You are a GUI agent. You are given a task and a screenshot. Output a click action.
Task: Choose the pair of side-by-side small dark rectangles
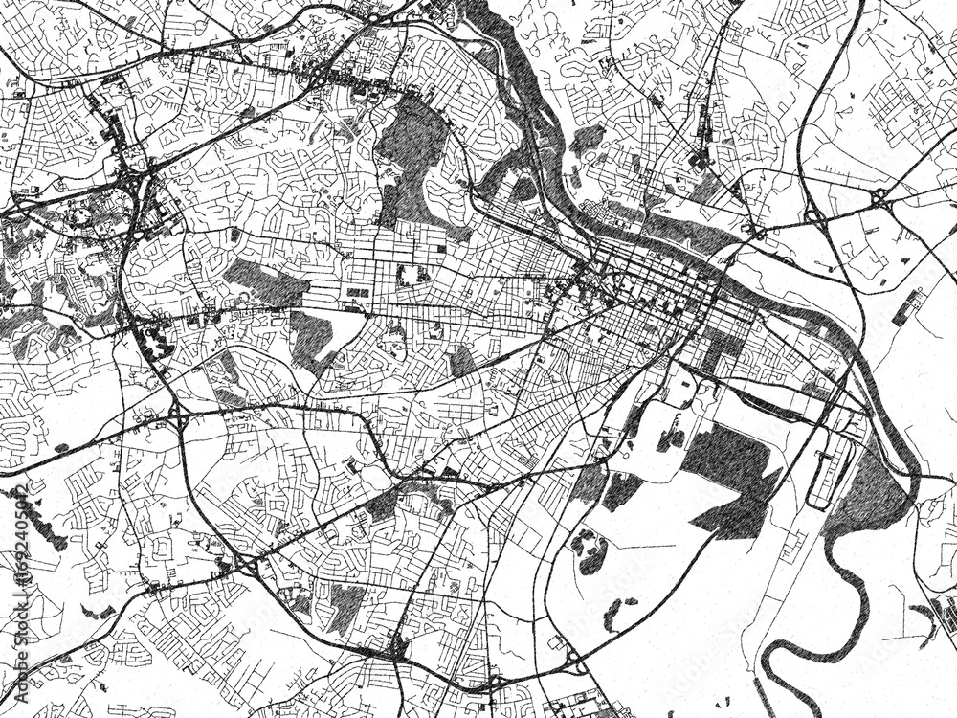click(357, 291)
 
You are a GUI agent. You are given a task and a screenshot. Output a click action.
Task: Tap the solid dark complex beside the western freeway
click(153, 340)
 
